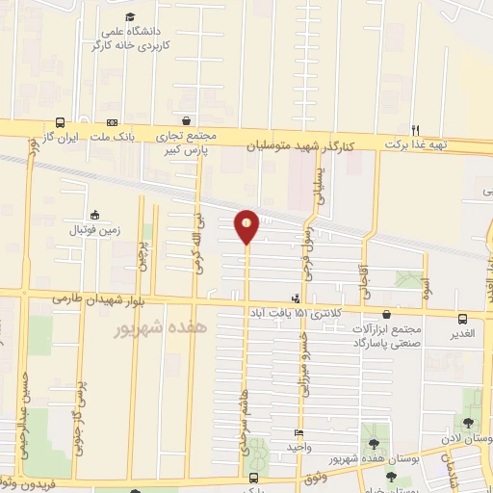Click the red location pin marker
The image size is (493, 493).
pos(246,225)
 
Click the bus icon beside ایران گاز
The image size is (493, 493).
pos(62,123)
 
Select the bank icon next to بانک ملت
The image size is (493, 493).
pos(112,123)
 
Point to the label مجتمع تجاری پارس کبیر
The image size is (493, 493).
pos(189,143)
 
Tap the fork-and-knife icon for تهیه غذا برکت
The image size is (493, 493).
pos(416,130)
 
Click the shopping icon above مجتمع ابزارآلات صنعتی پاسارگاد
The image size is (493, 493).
pos(386,314)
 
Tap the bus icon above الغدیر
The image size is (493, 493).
pos(462,320)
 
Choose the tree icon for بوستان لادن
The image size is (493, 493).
pos(468,422)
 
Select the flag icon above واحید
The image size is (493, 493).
pos(298,433)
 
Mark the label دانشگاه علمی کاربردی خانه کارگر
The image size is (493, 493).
pos(130,39)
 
